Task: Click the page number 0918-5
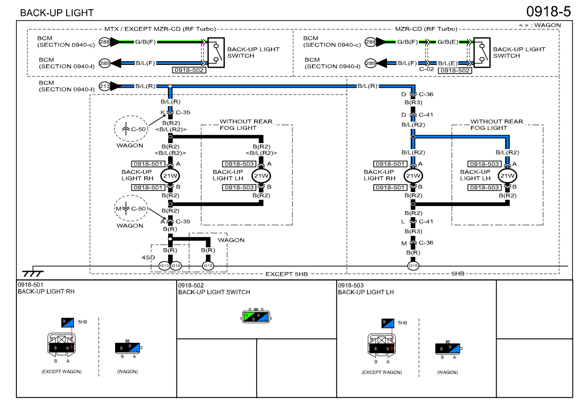click(x=548, y=11)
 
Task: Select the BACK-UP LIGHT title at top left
click(x=57, y=13)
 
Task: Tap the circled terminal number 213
click(x=105, y=85)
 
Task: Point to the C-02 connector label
click(x=426, y=70)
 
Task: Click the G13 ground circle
click(x=164, y=266)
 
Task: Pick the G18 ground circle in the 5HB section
click(x=413, y=266)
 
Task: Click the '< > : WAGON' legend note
click(x=540, y=25)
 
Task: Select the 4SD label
click(x=146, y=257)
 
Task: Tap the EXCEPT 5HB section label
click(x=286, y=274)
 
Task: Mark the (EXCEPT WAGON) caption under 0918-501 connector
click(x=61, y=372)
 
